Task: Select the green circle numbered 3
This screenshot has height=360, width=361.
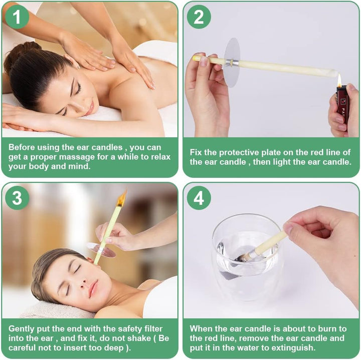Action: pyautogui.click(x=17, y=198)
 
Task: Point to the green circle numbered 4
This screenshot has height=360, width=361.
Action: pyautogui.click(x=199, y=198)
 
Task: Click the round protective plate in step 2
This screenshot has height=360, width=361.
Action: pyautogui.click(x=232, y=62)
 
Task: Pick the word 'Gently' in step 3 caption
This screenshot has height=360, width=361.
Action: pyautogui.click(x=22, y=329)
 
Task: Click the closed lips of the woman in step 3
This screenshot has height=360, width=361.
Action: pyautogui.click(x=93, y=290)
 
